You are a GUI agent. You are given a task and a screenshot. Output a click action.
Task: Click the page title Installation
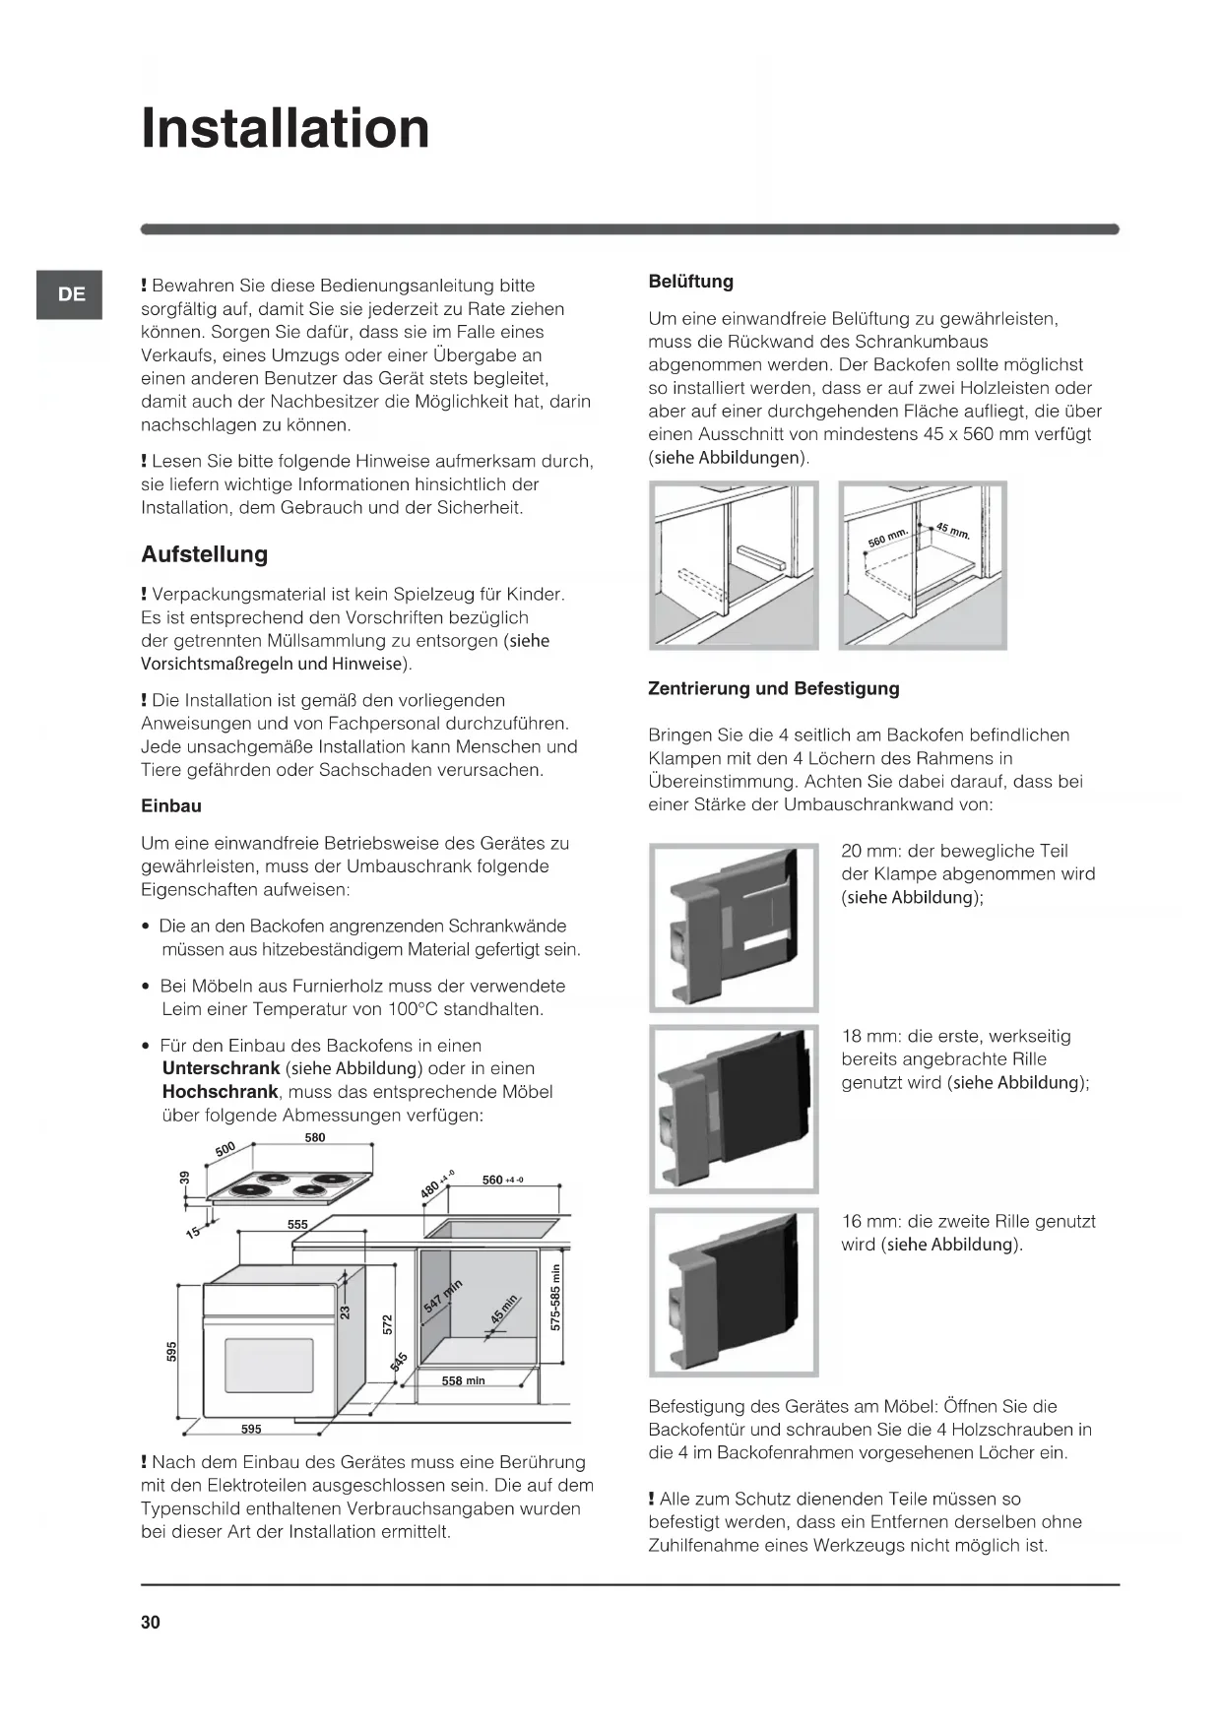tap(286, 129)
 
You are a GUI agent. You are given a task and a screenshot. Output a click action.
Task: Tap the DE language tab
tap(71, 294)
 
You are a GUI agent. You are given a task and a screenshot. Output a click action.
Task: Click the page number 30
tap(150, 1623)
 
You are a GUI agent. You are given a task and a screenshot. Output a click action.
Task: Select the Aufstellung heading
tap(205, 554)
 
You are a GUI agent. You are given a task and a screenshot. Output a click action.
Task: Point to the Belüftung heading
tap(690, 282)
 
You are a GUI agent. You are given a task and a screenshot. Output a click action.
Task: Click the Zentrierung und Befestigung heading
tap(773, 689)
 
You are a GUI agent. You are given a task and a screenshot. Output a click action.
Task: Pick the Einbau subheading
tap(171, 806)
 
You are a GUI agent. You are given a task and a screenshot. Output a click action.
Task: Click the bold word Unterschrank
tap(221, 1068)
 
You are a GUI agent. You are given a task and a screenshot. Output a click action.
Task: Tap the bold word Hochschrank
tap(220, 1092)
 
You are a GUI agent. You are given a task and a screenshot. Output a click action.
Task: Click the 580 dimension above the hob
tap(315, 1138)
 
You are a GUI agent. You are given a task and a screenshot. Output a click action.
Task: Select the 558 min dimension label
tap(463, 1380)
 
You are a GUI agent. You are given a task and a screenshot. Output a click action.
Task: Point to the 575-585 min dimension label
tap(555, 1297)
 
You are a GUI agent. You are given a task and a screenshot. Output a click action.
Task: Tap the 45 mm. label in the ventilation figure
tap(953, 532)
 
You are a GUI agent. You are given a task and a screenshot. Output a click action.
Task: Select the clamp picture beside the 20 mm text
tap(734, 927)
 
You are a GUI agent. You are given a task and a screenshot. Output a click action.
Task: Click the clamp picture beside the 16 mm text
tap(734, 1292)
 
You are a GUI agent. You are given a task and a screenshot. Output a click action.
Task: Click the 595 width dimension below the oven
tap(251, 1429)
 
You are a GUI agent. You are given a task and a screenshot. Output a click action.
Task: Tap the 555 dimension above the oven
tap(297, 1225)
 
